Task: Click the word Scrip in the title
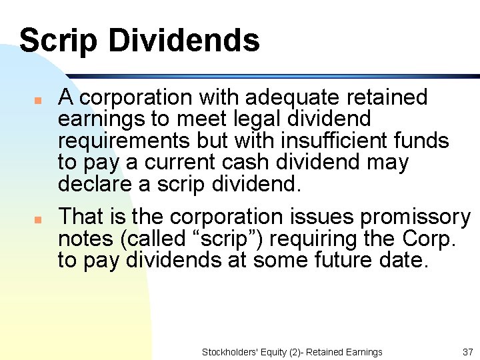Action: coord(59,40)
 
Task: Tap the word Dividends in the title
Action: coord(184,40)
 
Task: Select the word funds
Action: coord(419,141)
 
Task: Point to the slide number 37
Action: coord(467,352)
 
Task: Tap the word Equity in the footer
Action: coord(273,352)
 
